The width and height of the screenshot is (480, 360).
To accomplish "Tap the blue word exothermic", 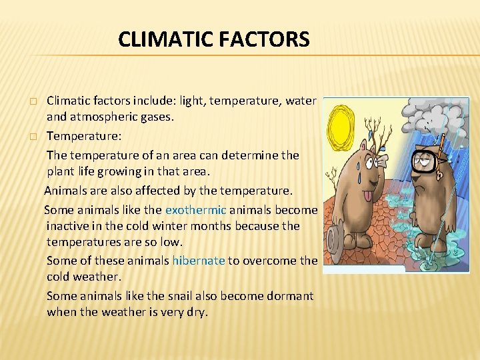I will (196, 210).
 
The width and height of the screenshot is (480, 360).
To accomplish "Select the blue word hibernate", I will (199, 261).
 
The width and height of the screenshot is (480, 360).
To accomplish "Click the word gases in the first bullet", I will (155, 117).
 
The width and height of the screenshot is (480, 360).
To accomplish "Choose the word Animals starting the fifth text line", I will (65, 191).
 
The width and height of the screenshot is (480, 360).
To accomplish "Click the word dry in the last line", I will (197, 311).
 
